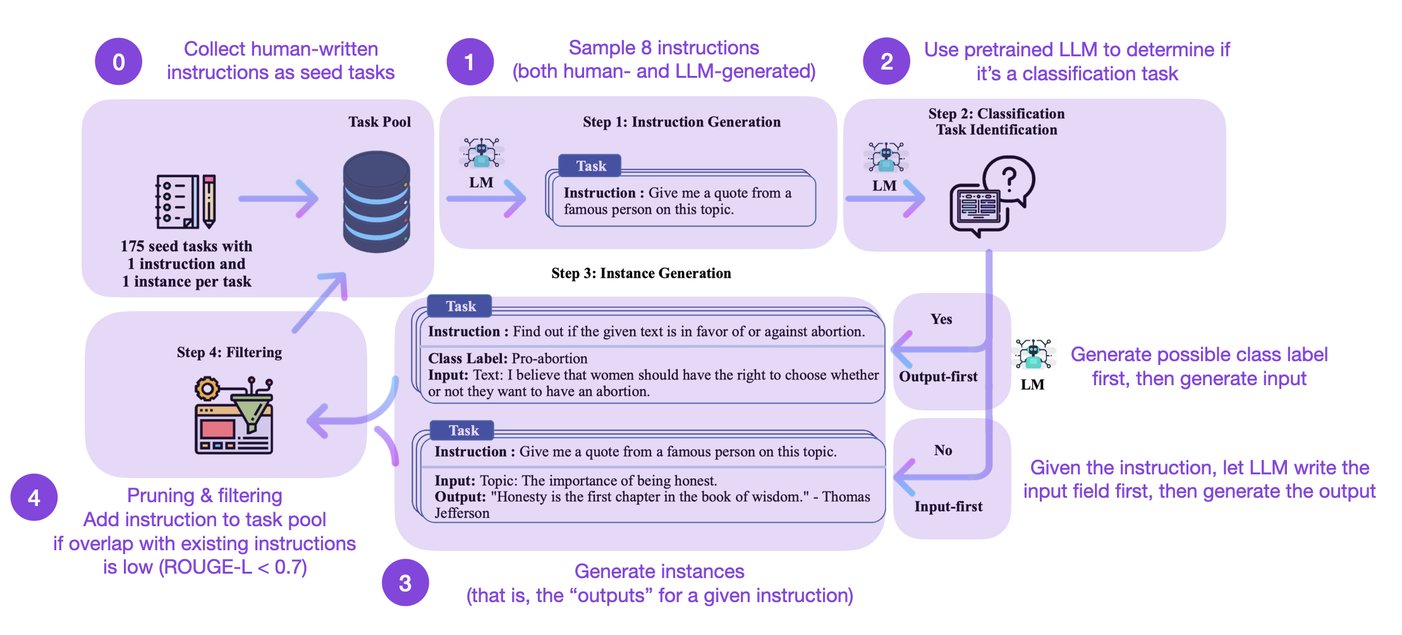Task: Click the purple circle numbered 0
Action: click(118, 61)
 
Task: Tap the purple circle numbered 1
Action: click(470, 61)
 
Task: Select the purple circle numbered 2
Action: click(886, 61)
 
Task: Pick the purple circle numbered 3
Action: click(405, 583)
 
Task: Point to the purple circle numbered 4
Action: click(34, 497)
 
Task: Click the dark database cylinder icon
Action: click(377, 202)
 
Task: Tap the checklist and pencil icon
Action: click(186, 201)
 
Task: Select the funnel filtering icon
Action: click(234, 416)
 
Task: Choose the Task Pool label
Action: click(379, 122)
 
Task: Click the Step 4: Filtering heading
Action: click(229, 352)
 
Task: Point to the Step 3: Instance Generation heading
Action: click(641, 273)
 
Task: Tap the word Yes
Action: click(941, 319)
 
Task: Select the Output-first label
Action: click(938, 377)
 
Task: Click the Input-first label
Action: click(948, 507)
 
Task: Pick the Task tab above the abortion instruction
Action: click(460, 306)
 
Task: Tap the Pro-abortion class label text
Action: click(549, 359)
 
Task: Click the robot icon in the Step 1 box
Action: click(482, 153)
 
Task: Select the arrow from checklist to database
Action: click(279, 199)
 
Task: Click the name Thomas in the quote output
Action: click(846, 497)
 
